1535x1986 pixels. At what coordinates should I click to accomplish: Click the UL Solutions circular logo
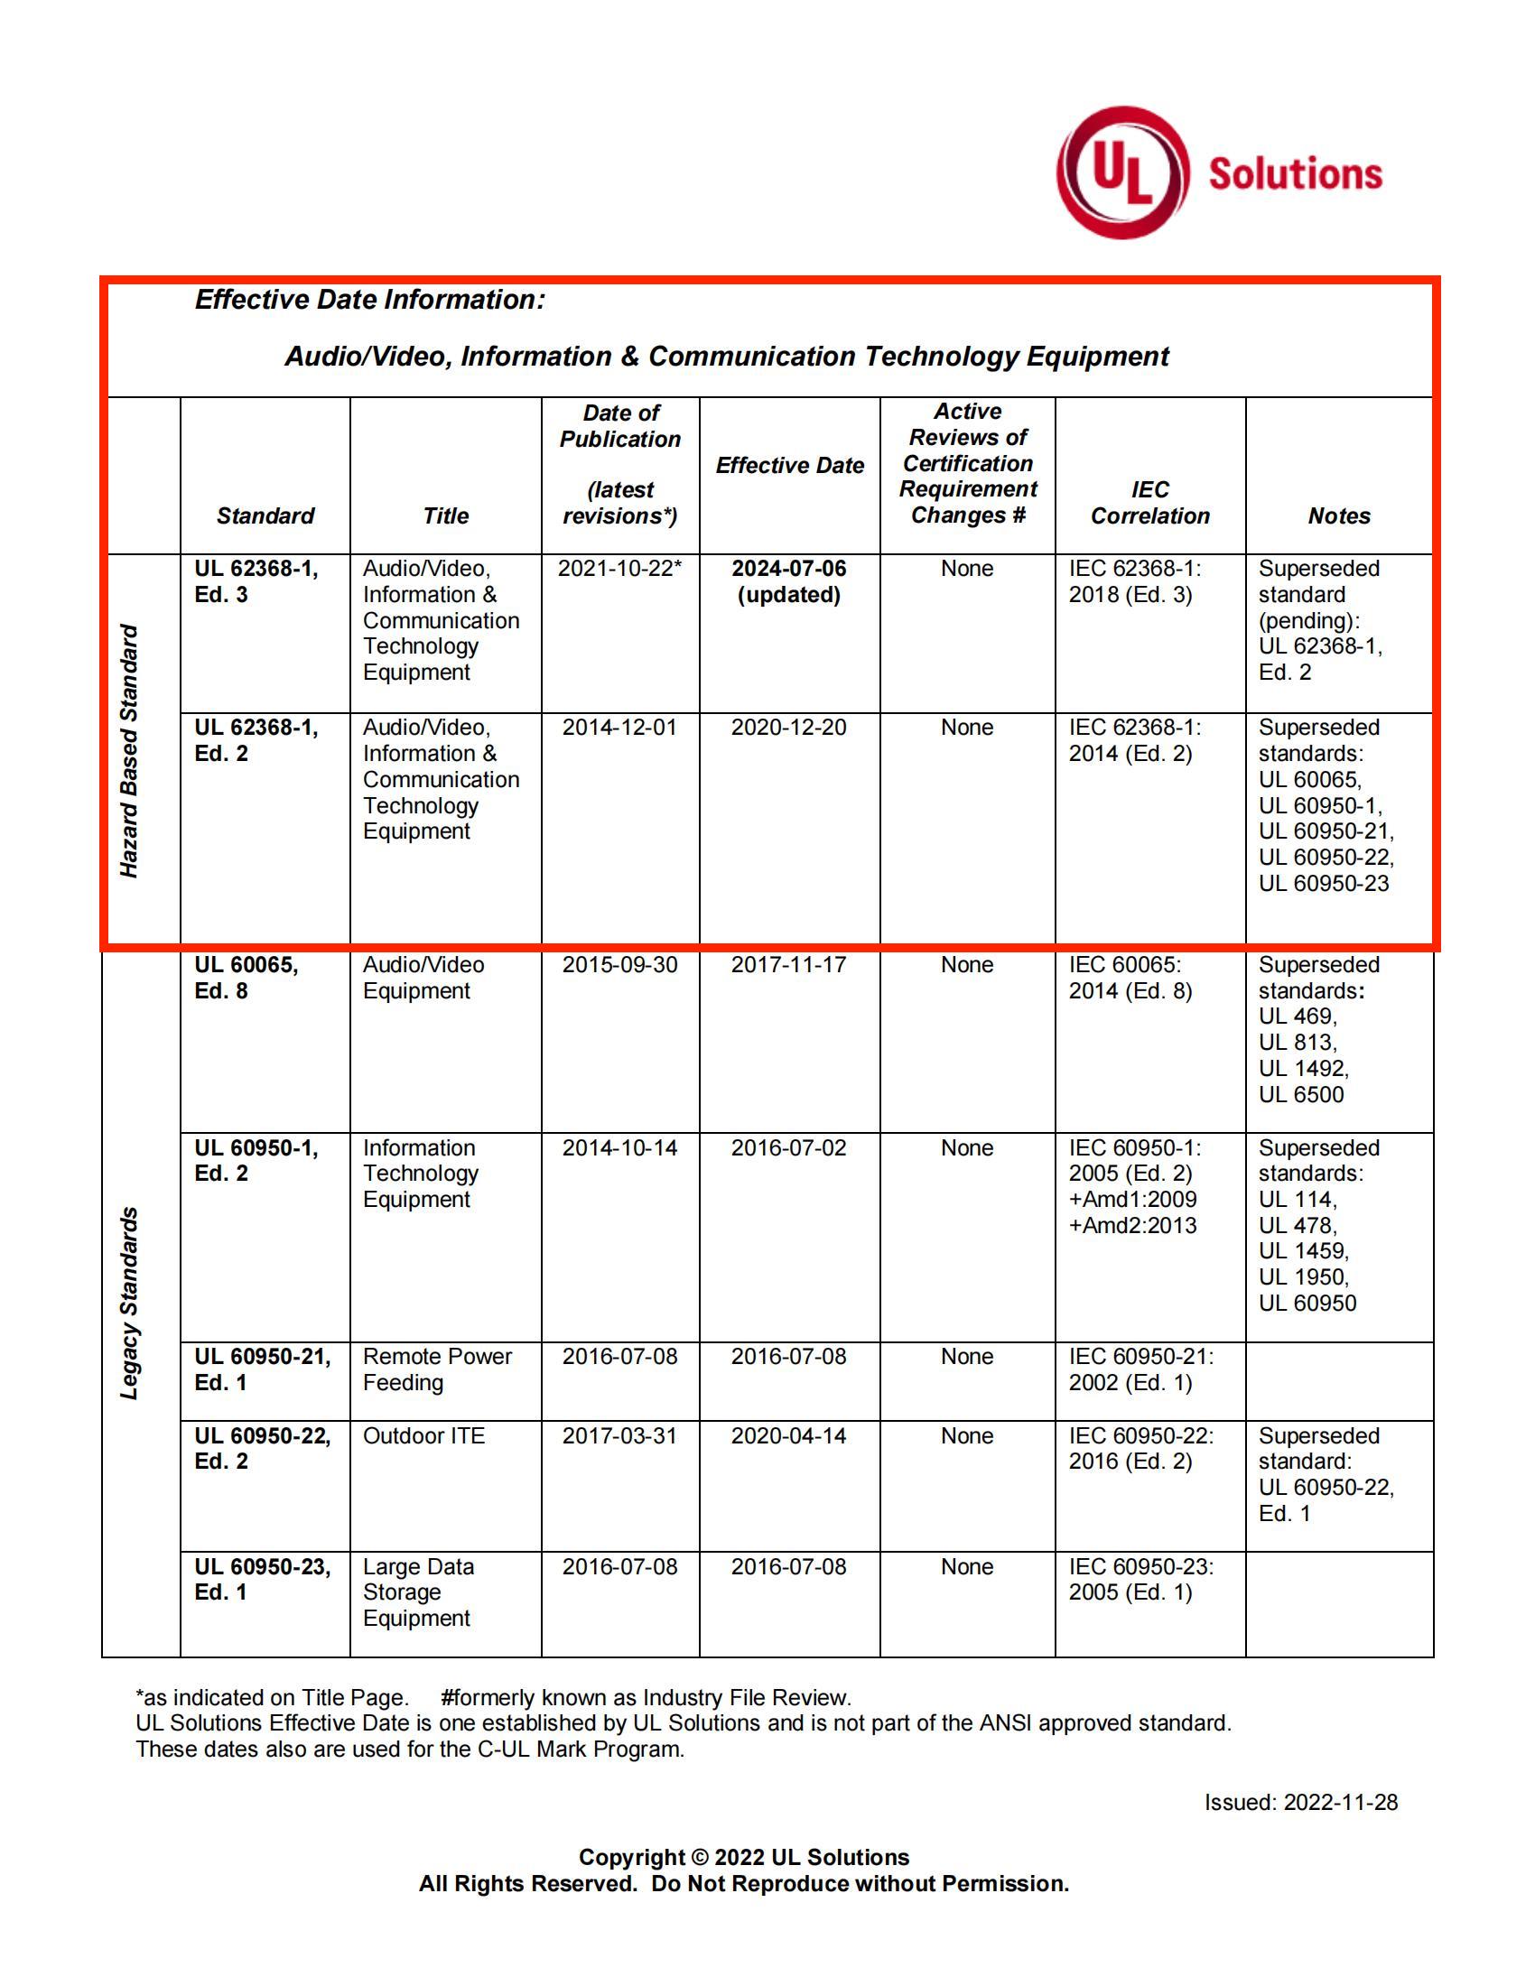pos(1122,172)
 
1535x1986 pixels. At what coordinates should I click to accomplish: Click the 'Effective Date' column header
pos(789,466)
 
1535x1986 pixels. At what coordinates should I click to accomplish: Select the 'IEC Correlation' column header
pos(1149,503)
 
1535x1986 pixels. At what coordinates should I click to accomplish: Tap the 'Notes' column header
pos(1338,515)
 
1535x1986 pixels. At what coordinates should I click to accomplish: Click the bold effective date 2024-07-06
pos(788,570)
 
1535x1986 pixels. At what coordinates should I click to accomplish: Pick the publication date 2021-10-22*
pos(619,569)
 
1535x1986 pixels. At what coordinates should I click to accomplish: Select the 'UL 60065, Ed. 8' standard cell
pos(246,978)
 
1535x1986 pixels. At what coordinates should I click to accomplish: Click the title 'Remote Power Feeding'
pos(436,1369)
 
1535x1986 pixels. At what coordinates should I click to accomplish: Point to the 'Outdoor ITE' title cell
pos(423,1436)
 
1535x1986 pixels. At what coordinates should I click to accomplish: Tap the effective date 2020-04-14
pos(788,1436)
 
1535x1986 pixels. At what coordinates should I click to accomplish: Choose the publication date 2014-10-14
pos(619,1147)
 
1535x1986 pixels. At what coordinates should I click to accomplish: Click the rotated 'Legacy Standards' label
pos(130,1302)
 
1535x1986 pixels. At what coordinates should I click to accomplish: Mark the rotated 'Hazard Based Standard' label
pos(130,750)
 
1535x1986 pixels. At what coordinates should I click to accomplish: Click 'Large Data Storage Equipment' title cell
pos(418,1592)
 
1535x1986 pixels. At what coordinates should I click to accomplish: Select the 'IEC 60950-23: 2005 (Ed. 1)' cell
pos(1140,1580)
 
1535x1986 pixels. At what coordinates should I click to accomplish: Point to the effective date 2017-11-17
pos(788,965)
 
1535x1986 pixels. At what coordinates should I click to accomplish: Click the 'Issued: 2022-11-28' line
pos(1300,1803)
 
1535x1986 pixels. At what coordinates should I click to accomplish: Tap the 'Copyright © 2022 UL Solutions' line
pos(743,1857)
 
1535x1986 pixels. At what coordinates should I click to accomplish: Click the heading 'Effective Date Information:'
pos(369,300)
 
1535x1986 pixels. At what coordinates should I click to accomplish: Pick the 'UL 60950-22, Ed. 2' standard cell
pos(262,1449)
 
